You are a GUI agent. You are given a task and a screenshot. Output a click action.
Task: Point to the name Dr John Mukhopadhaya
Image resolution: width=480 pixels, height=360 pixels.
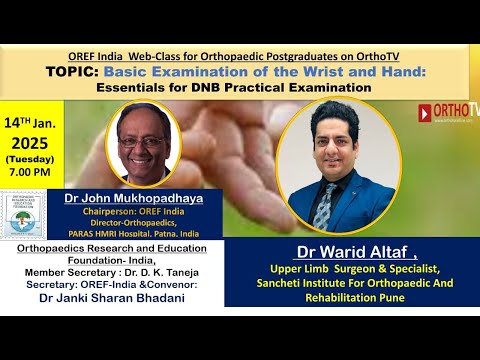pos(149,198)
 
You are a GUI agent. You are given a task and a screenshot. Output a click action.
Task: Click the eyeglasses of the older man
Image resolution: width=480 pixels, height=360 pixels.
pos(151,134)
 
